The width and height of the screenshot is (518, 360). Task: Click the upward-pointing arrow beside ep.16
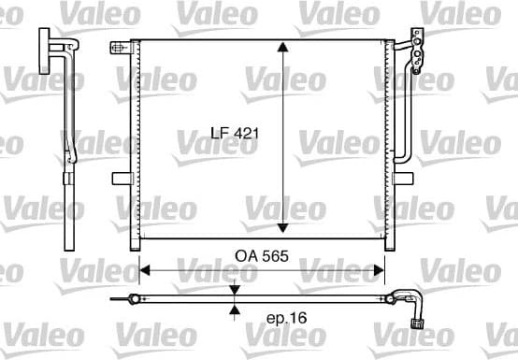pos(236,312)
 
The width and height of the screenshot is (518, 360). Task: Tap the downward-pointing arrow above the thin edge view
pos(236,288)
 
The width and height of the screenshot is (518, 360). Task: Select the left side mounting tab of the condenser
pos(121,178)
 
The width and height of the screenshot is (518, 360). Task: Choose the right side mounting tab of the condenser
pos(396,178)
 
